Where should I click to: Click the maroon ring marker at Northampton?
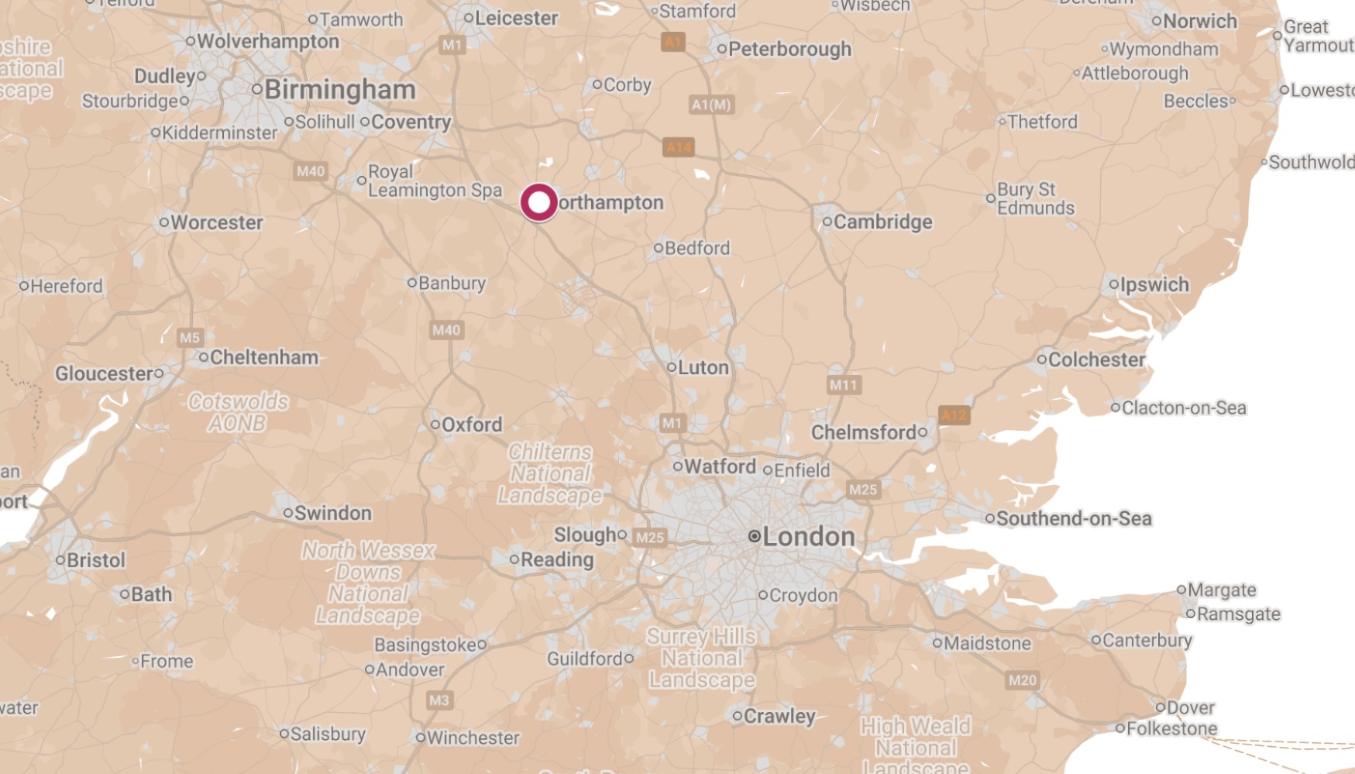(x=538, y=202)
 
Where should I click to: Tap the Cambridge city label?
(x=882, y=222)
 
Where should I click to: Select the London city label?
(x=808, y=536)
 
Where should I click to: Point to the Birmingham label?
(x=339, y=90)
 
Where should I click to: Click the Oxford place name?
(x=471, y=425)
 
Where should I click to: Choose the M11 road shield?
(x=843, y=384)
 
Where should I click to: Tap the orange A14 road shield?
(x=679, y=147)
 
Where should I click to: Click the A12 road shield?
(x=954, y=415)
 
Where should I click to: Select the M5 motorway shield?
(x=190, y=337)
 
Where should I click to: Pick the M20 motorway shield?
(x=1022, y=680)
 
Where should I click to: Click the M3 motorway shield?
(x=438, y=700)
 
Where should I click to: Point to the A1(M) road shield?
(x=711, y=105)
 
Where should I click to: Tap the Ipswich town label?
(x=1154, y=285)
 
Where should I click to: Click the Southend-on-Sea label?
(x=1073, y=518)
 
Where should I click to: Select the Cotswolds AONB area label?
(x=238, y=412)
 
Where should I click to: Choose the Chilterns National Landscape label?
(x=549, y=473)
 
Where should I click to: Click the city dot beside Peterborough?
(x=721, y=49)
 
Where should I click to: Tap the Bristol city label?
(x=95, y=560)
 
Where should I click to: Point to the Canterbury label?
(x=1147, y=641)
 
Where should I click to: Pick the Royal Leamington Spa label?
(x=435, y=181)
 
